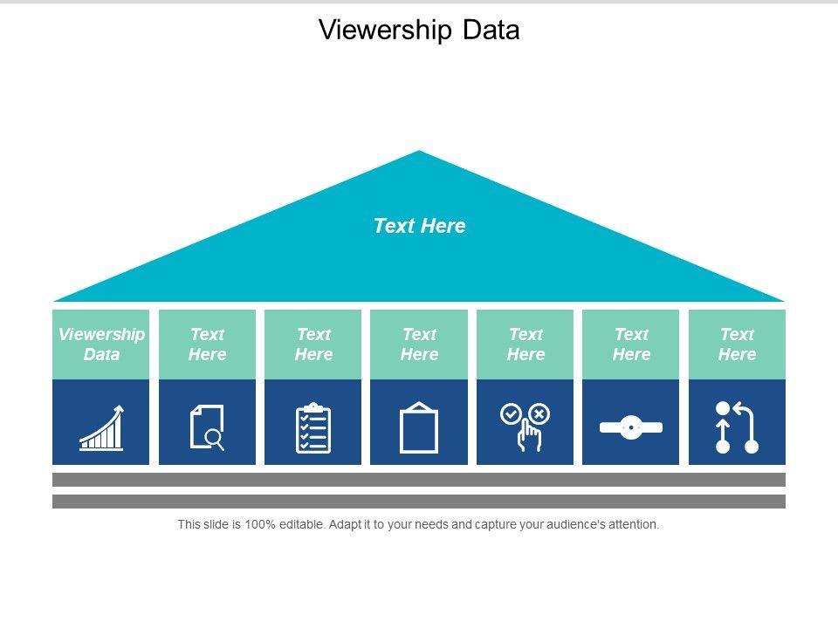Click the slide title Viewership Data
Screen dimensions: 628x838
click(x=419, y=30)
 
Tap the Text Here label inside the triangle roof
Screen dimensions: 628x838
click(x=419, y=226)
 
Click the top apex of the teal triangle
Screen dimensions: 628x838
click(x=419, y=154)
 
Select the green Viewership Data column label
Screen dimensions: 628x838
click(x=101, y=345)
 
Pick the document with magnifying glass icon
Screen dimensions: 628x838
click(x=208, y=427)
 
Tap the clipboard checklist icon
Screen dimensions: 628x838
click(x=313, y=428)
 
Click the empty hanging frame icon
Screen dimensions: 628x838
click(x=419, y=428)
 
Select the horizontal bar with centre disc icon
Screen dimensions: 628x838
click(x=631, y=427)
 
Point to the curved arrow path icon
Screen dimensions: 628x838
click(x=737, y=427)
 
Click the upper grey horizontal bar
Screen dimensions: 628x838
click(x=419, y=480)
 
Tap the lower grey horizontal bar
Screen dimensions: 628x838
click(x=419, y=502)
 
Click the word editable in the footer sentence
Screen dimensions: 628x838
click(x=301, y=525)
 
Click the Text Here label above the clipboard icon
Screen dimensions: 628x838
click(x=313, y=345)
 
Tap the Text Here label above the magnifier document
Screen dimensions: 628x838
click(x=208, y=345)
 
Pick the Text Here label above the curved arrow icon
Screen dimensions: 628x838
click(x=737, y=345)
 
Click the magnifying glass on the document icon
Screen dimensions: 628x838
click(x=215, y=440)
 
